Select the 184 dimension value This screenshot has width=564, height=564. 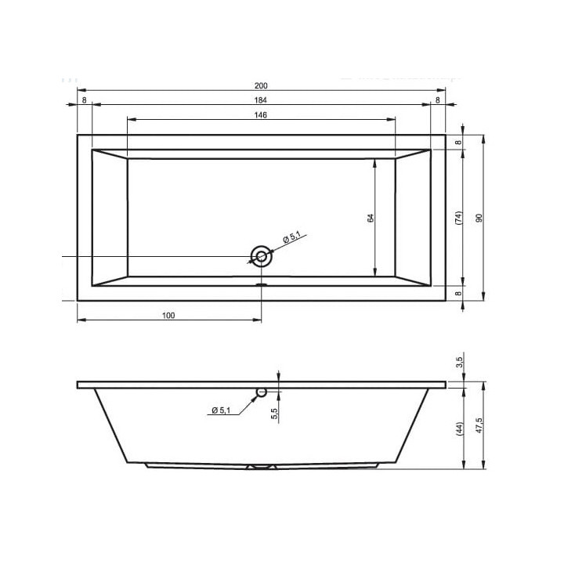tap(261, 100)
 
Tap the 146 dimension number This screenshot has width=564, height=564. tap(261, 115)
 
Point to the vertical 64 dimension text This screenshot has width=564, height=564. tap(371, 218)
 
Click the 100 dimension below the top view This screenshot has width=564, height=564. tap(168, 316)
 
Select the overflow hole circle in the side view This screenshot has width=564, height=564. tap(262, 392)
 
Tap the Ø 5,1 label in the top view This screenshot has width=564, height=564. tap(291, 238)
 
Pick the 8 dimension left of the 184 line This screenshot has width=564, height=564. tap(84, 100)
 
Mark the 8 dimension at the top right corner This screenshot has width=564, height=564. tap(438, 100)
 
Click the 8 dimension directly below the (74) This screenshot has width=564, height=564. tap(459, 293)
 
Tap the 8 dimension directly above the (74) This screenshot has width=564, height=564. tap(459, 142)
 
